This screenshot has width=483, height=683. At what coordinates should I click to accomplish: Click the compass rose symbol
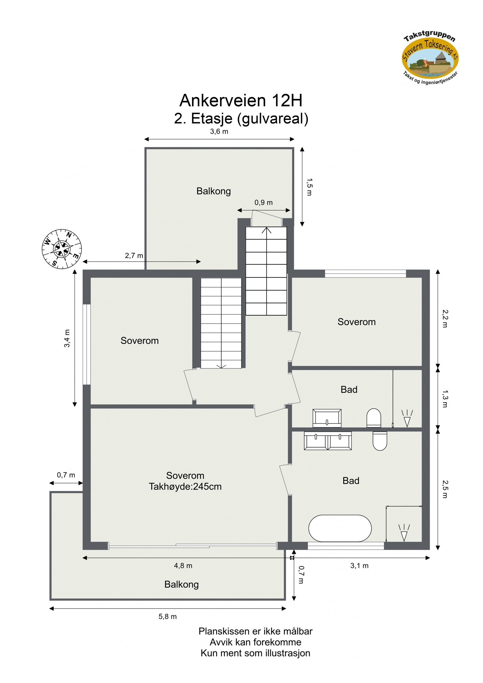click(62, 249)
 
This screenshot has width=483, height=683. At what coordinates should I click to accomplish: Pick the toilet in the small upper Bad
click(374, 418)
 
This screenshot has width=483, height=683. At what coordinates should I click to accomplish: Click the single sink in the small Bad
click(327, 418)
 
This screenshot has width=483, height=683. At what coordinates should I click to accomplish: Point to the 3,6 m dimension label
click(219, 132)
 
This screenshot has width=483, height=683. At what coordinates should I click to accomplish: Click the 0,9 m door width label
click(264, 203)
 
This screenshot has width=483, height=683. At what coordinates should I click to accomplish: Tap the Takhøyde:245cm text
click(185, 487)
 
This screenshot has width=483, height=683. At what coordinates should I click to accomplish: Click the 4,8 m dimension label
click(183, 566)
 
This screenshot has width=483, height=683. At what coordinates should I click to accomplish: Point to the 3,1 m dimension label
click(359, 566)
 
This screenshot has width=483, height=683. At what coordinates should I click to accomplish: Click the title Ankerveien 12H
click(241, 101)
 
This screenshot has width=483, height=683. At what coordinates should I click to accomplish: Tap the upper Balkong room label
click(213, 191)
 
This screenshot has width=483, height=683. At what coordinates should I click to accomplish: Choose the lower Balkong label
click(181, 584)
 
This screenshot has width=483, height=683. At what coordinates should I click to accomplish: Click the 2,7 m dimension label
click(134, 256)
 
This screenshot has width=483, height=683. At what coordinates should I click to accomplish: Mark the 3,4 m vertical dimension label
click(67, 338)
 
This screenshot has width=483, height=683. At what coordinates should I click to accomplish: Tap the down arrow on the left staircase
click(221, 365)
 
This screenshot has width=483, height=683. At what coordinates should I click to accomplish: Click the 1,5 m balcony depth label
click(309, 187)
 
